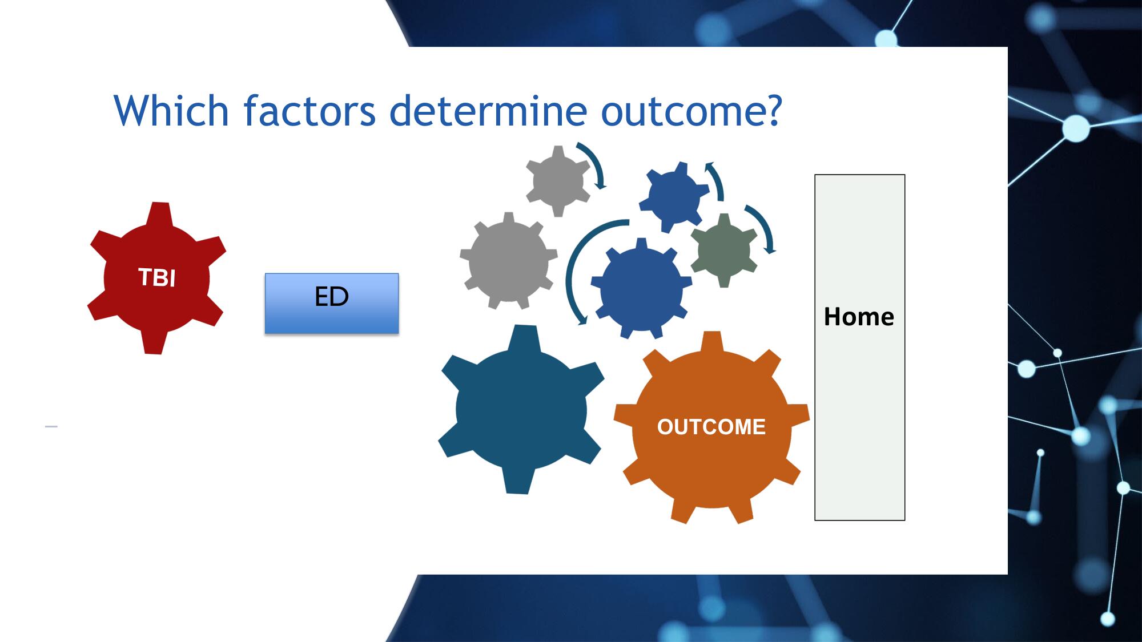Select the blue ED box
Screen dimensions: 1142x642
(x=332, y=303)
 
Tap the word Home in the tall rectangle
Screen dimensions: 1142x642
(x=859, y=317)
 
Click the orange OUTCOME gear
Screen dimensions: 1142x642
(x=711, y=427)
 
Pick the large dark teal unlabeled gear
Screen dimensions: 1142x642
(x=521, y=410)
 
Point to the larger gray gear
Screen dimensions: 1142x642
(x=508, y=261)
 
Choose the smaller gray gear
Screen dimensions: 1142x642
(x=558, y=181)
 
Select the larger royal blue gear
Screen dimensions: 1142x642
(x=641, y=288)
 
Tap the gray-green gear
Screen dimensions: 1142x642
(x=724, y=250)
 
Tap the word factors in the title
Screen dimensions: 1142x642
(x=309, y=111)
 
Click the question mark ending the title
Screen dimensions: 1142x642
(x=774, y=110)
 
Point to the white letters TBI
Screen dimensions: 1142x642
(x=156, y=277)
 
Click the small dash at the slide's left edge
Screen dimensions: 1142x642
(x=51, y=426)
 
